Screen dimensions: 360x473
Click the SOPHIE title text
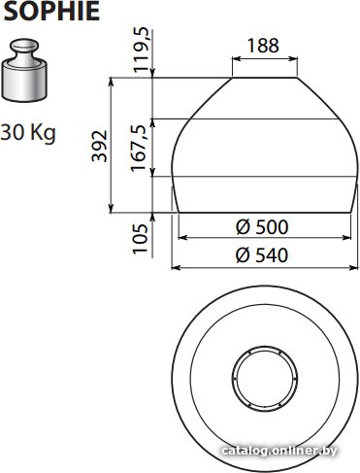(x=51, y=11)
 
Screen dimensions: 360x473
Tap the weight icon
(x=24, y=71)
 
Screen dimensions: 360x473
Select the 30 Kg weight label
(x=28, y=133)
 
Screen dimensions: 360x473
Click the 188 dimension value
(x=263, y=46)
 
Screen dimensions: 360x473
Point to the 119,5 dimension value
(x=142, y=51)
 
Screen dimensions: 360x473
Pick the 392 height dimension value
(x=99, y=146)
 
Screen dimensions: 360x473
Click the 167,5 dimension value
(x=139, y=148)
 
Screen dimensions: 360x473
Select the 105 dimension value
(x=141, y=238)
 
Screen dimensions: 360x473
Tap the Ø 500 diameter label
(x=262, y=227)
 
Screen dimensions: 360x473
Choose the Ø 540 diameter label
(x=262, y=255)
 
